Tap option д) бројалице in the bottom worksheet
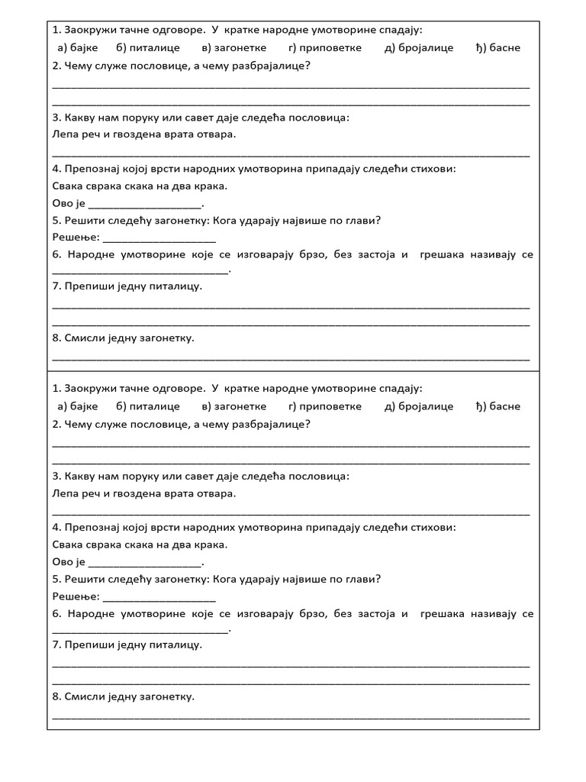[x=419, y=406]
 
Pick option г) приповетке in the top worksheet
[x=325, y=47]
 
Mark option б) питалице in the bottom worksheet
[x=148, y=406]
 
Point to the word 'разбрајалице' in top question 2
[x=275, y=65]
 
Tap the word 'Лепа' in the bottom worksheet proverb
[x=66, y=493]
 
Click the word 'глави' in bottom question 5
[x=363, y=579]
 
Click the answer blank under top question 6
[x=140, y=270]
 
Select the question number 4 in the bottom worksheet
[x=56, y=528]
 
